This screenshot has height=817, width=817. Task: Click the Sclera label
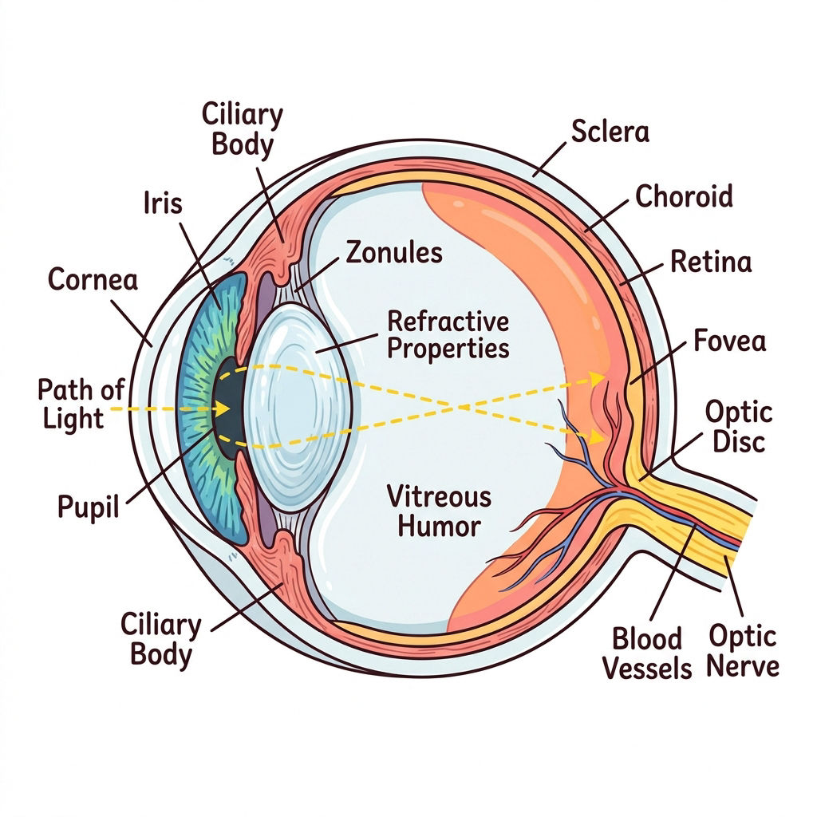coord(610,132)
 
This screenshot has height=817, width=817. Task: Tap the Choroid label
coord(684,196)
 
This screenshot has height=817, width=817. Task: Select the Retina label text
coord(711,261)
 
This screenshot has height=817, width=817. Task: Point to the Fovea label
coord(729,341)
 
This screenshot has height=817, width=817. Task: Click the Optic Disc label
coord(739,427)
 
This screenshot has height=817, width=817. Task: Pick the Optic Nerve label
coord(743,651)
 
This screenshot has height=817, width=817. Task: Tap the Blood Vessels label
coord(647,653)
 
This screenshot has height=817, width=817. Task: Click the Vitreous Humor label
coord(440,511)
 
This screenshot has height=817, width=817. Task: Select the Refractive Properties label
coord(448,334)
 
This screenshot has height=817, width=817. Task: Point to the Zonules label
coord(394,252)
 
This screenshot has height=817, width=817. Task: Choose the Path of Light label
coord(81,404)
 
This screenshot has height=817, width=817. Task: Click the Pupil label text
coord(88,507)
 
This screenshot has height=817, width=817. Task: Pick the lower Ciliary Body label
coord(160,639)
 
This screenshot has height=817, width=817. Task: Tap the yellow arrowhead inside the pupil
coord(223,408)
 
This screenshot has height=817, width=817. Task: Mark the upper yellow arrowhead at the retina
coord(597,377)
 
